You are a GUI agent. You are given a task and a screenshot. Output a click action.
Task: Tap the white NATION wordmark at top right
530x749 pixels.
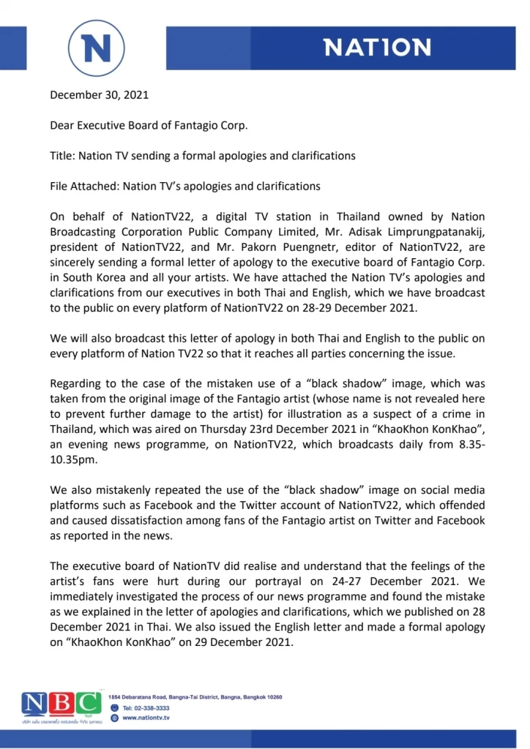click(378, 48)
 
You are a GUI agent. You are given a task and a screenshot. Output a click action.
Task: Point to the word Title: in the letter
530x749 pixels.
click(64, 156)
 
